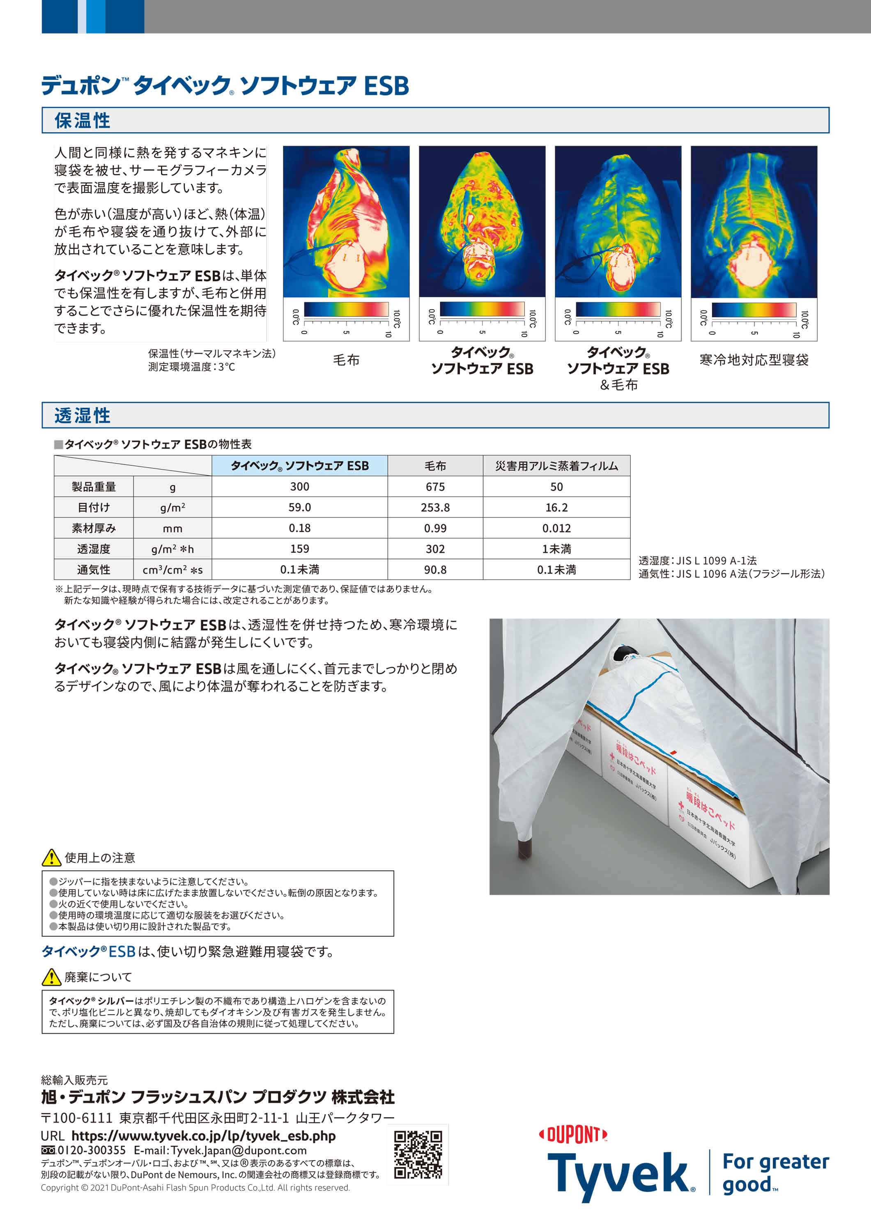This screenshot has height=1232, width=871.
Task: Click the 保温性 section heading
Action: tap(82, 121)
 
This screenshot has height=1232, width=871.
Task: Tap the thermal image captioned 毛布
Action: tap(346, 222)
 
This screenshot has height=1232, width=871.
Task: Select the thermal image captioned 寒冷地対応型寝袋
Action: tap(754, 222)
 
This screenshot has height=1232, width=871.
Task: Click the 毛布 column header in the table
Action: tap(435, 466)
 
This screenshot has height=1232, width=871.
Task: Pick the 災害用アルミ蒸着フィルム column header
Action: tap(556, 466)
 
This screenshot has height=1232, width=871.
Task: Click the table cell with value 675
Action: tap(435, 487)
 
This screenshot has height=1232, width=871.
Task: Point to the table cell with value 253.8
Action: tap(435, 508)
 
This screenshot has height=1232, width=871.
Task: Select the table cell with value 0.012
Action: tap(556, 529)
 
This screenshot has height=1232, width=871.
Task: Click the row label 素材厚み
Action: tap(94, 529)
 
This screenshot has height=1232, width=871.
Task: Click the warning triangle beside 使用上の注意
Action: tap(51, 858)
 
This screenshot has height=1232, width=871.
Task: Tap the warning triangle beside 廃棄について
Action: tap(51, 977)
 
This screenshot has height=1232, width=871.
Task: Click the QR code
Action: tap(418, 1155)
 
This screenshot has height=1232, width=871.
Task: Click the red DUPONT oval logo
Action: tap(573, 1135)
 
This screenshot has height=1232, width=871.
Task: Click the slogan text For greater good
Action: tap(775, 1172)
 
